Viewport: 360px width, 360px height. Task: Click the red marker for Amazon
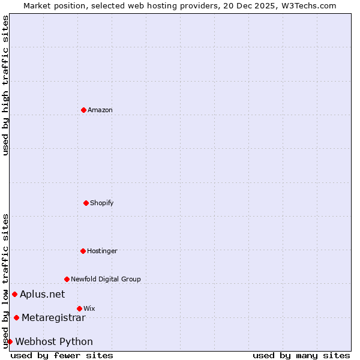click(x=83, y=110)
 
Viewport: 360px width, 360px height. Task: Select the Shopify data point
click(x=86, y=203)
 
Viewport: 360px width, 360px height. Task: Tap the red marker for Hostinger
click(x=83, y=251)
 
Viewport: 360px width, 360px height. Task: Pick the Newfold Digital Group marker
click(x=67, y=279)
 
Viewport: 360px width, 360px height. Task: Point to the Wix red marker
click(x=79, y=308)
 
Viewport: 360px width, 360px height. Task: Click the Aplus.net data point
click(x=14, y=294)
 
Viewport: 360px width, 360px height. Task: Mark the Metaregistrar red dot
click(x=16, y=317)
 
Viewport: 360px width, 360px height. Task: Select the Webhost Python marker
click(x=10, y=341)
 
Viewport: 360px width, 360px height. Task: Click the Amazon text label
click(x=100, y=110)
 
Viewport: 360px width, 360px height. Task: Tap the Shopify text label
click(x=102, y=203)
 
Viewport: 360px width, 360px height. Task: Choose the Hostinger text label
click(x=102, y=251)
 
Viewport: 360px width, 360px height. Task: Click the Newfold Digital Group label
click(x=106, y=279)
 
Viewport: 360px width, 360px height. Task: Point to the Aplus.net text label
click(x=42, y=294)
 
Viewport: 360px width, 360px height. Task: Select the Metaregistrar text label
click(x=53, y=317)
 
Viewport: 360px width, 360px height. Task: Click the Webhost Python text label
click(x=54, y=341)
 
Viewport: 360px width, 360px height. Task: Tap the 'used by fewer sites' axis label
click(x=62, y=355)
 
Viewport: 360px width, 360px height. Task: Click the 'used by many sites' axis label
click(x=301, y=355)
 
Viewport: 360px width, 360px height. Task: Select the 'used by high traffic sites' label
click(x=5, y=85)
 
